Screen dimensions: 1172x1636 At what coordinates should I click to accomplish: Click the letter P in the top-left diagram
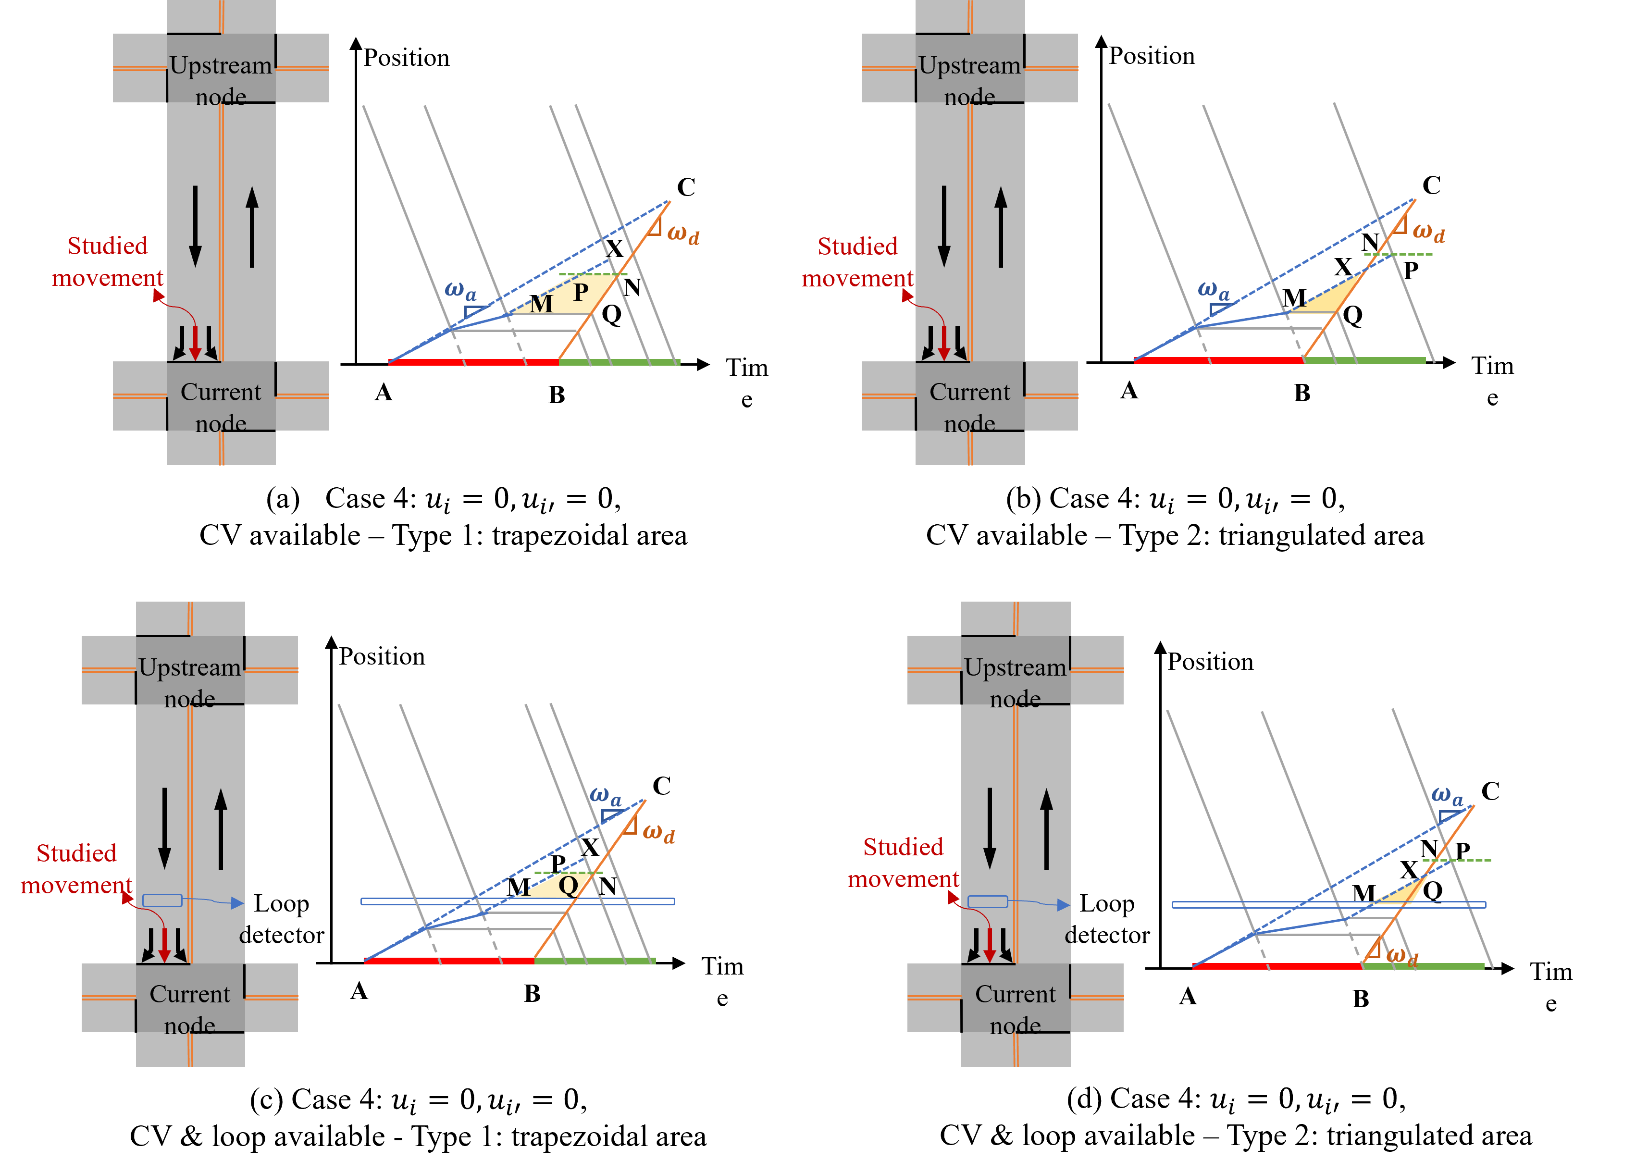point(581,292)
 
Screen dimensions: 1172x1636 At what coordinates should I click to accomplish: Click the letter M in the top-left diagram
point(542,304)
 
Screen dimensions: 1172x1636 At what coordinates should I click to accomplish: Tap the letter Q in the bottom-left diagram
point(568,885)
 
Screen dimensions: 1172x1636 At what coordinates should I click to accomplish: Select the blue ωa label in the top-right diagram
point(1213,290)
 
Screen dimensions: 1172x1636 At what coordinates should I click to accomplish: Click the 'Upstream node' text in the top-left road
point(221,80)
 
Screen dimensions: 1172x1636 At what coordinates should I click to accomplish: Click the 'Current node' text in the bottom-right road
point(1015,1009)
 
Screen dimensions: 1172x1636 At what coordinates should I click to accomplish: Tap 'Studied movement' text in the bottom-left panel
point(76,868)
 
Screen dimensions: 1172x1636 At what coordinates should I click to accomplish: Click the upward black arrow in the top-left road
point(252,227)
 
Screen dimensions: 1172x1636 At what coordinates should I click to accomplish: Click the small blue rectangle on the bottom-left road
point(162,900)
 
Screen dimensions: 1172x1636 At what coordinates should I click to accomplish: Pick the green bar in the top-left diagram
point(619,362)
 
